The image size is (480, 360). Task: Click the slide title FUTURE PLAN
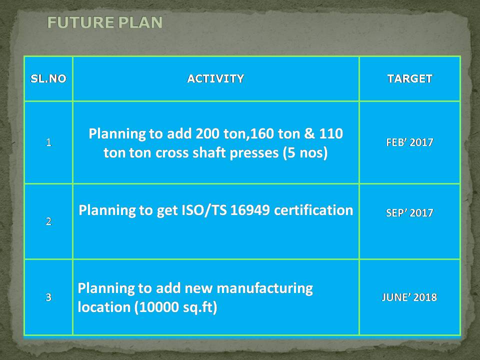click(x=104, y=22)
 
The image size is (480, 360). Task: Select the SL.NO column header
click(x=48, y=78)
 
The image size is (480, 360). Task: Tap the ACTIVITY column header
click(x=216, y=78)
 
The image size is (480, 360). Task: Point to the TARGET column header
click(x=409, y=78)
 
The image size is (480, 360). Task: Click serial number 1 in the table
click(x=48, y=142)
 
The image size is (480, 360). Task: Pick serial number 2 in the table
click(x=48, y=221)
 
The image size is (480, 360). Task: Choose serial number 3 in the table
click(x=48, y=297)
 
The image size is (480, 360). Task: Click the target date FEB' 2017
click(x=409, y=142)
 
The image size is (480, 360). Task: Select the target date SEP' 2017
click(x=409, y=212)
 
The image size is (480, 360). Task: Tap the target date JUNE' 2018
click(x=409, y=297)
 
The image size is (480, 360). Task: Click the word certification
click(x=313, y=210)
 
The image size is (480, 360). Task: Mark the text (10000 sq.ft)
click(x=175, y=307)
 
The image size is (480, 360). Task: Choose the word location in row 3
click(x=104, y=306)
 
